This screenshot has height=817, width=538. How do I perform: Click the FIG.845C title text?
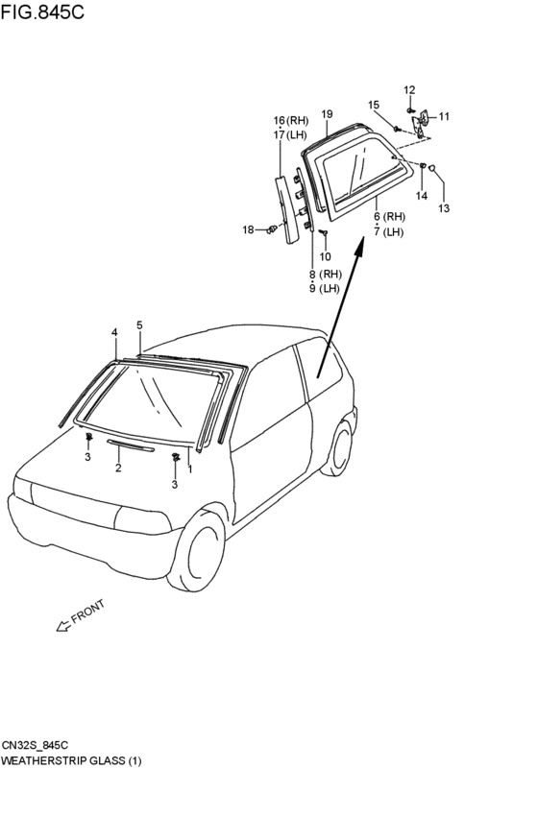point(42,12)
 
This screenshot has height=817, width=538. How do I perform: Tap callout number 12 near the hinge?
point(409,90)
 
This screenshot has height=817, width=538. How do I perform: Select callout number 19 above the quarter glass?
point(327,114)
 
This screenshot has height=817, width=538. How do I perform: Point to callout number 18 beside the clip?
point(248,229)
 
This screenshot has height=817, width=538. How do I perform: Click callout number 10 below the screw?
point(325,256)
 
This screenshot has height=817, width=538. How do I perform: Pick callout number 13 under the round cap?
point(444,208)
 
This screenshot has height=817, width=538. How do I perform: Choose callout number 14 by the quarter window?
point(421,196)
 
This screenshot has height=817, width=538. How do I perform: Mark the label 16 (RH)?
point(291,121)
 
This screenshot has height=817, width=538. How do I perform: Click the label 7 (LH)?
point(389,232)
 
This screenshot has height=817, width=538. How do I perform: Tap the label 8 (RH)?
point(325,274)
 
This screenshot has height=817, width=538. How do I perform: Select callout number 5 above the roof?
point(139,325)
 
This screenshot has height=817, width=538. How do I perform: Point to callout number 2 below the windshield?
point(118,468)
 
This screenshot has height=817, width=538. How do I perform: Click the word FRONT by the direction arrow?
point(88,612)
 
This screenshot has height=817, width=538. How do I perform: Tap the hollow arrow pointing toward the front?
point(63,626)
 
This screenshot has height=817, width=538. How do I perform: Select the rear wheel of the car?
point(337,448)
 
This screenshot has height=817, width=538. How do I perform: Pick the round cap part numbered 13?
point(432,168)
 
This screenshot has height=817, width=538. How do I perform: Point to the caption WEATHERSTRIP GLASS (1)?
point(71,761)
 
